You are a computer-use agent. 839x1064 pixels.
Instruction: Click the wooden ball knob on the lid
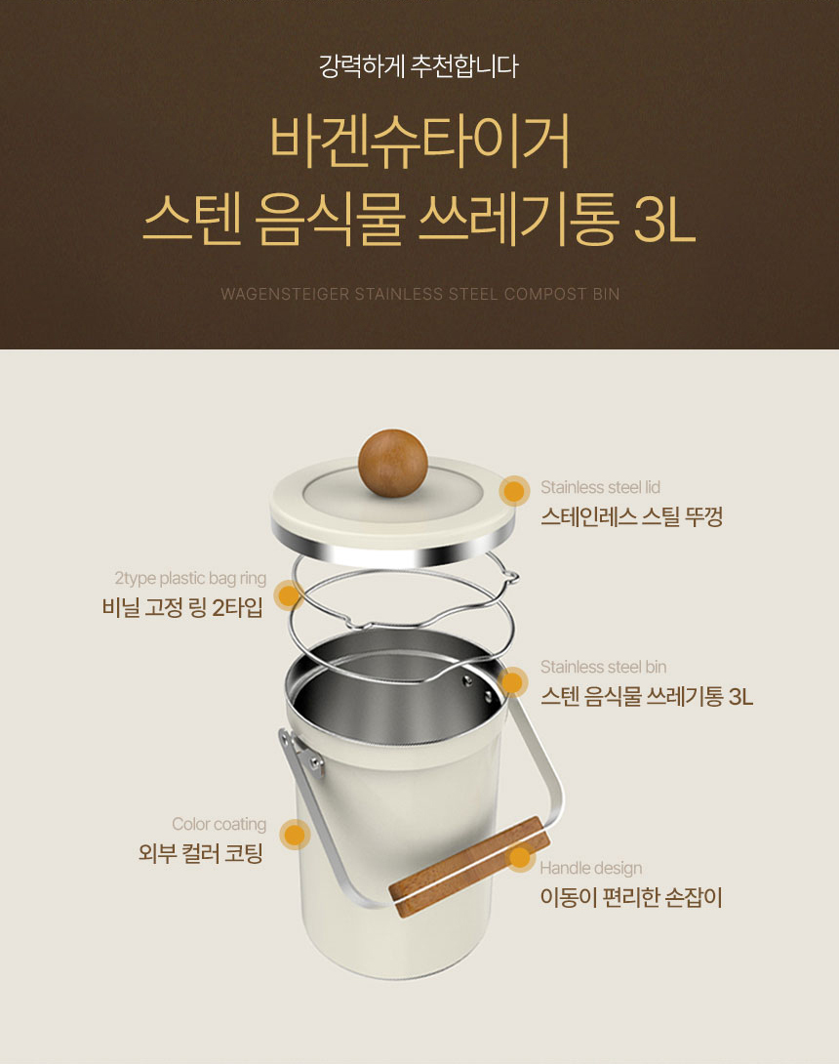pyautogui.click(x=393, y=463)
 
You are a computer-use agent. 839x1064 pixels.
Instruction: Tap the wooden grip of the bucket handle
pyautogui.click(x=469, y=867)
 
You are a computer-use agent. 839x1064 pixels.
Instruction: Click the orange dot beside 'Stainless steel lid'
pyautogui.click(x=514, y=491)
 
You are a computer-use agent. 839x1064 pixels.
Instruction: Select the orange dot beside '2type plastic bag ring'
pyautogui.click(x=289, y=595)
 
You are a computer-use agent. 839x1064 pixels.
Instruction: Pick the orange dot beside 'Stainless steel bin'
pyautogui.click(x=513, y=682)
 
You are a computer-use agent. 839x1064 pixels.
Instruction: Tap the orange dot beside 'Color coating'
pyautogui.click(x=295, y=835)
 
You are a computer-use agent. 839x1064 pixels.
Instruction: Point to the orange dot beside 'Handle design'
pyautogui.click(x=520, y=858)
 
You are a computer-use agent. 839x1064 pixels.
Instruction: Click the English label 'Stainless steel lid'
pyautogui.click(x=600, y=487)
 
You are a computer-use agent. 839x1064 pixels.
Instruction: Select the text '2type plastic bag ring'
pyautogui.click(x=190, y=578)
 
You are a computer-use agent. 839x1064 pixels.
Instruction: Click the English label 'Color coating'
pyautogui.click(x=219, y=824)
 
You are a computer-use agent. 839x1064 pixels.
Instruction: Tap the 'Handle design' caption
pyautogui.click(x=591, y=868)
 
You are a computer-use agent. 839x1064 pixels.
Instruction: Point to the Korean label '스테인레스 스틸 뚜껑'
pyautogui.click(x=631, y=517)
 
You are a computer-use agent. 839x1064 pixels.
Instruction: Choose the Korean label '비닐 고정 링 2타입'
pyautogui.click(x=182, y=607)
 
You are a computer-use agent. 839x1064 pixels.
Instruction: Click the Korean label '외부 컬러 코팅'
pyautogui.click(x=201, y=853)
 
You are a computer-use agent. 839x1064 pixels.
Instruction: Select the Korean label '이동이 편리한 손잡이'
pyautogui.click(x=631, y=898)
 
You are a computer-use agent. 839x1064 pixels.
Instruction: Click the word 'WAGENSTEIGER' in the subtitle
pyautogui.click(x=285, y=295)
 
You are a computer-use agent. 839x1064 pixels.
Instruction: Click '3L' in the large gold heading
pyautogui.click(x=664, y=220)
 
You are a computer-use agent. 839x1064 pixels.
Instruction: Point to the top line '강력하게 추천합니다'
pyautogui.click(x=419, y=66)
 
